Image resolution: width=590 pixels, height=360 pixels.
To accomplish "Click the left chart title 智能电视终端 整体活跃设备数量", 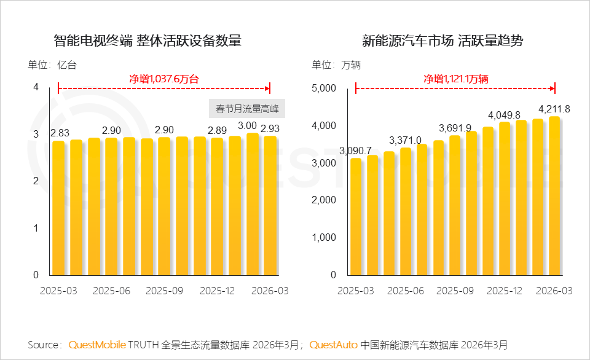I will (147, 41).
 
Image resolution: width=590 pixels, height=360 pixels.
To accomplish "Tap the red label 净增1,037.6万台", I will (164, 79).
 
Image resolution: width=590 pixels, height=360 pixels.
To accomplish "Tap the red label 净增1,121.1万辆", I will (455, 79).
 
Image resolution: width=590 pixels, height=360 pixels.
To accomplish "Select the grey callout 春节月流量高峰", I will (247, 109).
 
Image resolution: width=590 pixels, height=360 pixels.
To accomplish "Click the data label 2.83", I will (60, 133).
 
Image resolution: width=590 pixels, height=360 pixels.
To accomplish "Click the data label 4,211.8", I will (554, 109).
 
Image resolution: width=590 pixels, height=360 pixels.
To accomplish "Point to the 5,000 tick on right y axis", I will (323, 88).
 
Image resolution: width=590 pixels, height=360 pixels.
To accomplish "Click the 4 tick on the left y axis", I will (36, 87).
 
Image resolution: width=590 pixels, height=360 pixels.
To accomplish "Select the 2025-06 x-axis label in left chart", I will (111, 291).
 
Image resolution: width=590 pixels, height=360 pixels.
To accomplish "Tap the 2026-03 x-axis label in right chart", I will (554, 291).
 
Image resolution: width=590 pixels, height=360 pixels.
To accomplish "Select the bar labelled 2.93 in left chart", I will (270, 206).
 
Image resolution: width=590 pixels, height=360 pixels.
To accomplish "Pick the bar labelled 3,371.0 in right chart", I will (406, 211).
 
